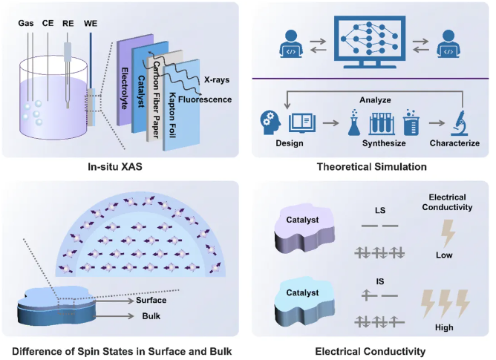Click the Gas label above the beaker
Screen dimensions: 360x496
pyautogui.click(x=26, y=24)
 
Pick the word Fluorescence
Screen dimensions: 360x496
pyautogui.click(x=209, y=98)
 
